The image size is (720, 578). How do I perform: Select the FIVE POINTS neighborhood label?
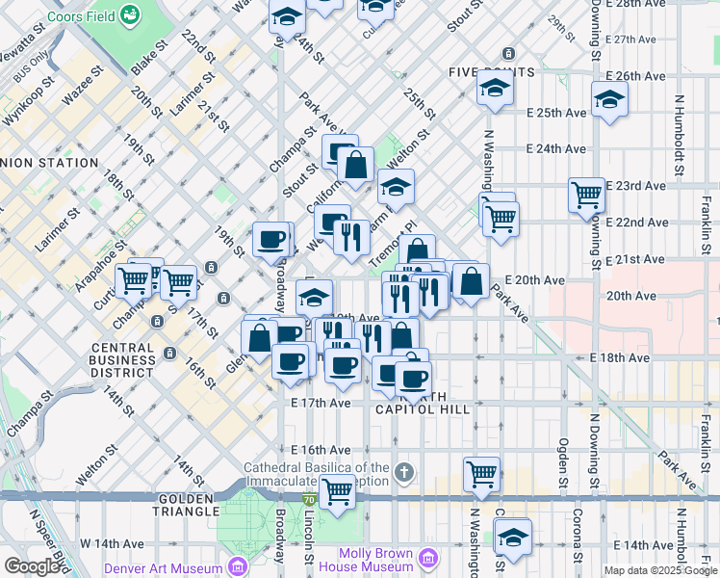click(x=491, y=73)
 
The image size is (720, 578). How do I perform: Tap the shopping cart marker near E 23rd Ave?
click(x=586, y=195)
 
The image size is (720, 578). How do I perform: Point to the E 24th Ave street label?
click(x=556, y=149)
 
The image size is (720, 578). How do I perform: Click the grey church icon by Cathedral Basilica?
click(x=405, y=473)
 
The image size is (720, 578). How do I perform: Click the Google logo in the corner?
click(x=32, y=566)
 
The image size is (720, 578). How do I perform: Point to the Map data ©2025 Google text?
click(x=660, y=570)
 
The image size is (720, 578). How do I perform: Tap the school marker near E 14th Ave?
click(x=513, y=536)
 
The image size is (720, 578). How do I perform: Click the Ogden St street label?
click(x=564, y=462)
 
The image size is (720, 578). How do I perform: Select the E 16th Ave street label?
click(x=321, y=450)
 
